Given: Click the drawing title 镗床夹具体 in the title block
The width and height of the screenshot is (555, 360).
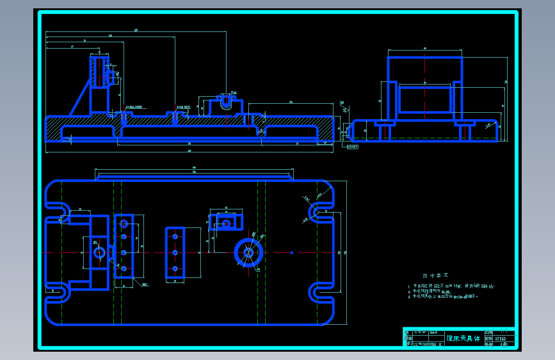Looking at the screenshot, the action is (x=463, y=338).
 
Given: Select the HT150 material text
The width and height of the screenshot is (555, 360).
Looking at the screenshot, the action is (x=500, y=338).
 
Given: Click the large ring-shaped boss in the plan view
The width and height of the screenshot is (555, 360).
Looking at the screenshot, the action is (x=248, y=252).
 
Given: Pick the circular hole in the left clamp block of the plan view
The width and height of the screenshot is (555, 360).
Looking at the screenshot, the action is (x=99, y=252).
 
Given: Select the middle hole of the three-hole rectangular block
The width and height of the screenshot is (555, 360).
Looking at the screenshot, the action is (x=174, y=252).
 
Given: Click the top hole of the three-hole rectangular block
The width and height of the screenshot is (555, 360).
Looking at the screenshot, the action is (x=174, y=236).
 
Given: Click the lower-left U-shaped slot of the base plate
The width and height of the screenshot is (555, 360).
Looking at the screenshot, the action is (x=59, y=294).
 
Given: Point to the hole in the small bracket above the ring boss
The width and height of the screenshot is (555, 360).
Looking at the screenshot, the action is (x=225, y=224).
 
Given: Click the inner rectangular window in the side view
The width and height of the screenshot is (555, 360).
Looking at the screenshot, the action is (x=424, y=100).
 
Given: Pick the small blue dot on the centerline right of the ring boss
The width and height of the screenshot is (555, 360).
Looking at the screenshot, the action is (x=291, y=252).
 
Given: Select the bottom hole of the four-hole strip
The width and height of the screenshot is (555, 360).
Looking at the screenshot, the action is (x=124, y=268).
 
